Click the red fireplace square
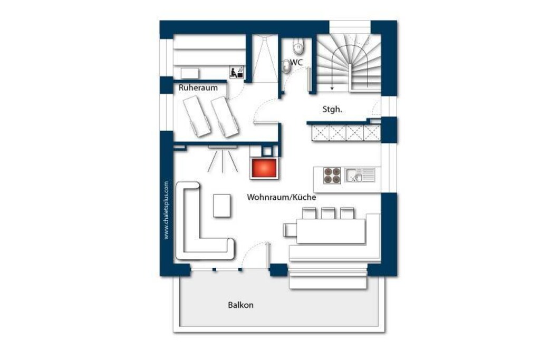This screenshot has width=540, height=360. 264,168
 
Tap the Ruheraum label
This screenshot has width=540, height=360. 198,88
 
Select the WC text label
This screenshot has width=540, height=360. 296,62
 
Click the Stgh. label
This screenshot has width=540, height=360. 332,110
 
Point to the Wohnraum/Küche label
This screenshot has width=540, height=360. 282,197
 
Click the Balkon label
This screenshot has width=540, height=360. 240,305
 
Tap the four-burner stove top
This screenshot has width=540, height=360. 332,176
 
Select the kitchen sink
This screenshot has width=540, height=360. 360,175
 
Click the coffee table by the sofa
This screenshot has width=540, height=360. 222,206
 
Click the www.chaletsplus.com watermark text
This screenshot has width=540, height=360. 166,210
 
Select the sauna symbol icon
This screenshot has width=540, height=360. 237,72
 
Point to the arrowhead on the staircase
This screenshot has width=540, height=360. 332,89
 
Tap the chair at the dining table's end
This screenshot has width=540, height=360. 290,230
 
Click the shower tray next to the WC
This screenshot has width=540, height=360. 265,59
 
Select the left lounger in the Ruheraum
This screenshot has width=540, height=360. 196,116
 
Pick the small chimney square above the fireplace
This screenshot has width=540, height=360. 267,151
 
